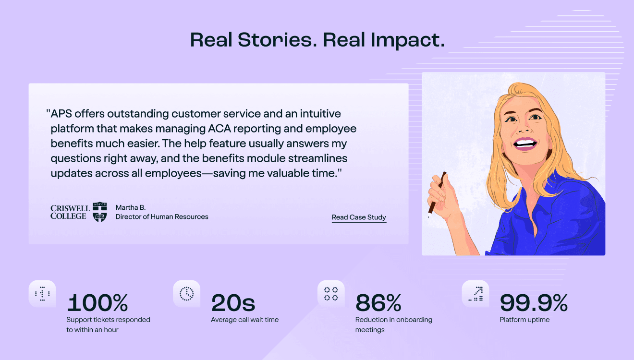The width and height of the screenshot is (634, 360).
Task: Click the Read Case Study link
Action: [x=359, y=217]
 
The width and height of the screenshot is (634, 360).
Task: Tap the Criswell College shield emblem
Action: [x=100, y=212]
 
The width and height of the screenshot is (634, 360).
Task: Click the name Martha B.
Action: [x=131, y=207]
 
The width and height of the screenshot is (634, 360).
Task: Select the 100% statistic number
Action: [x=98, y=302]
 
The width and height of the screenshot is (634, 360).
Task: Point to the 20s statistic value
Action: [x=233, y=302]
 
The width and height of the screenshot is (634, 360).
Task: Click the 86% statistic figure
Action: [x=378, y=302]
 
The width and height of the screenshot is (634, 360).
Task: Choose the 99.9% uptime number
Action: [x=534, y=302]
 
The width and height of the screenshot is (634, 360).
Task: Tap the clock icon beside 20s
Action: [x=186, y=294]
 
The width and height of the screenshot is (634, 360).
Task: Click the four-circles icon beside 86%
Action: [x=331, y=294]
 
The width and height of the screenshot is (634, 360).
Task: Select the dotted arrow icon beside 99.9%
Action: [x=475, y=294]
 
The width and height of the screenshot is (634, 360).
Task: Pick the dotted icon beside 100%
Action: [x=42, y=294]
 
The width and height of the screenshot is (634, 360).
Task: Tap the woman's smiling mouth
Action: [x=525, y=144]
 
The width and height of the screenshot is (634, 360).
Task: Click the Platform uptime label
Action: [x=524, y=320]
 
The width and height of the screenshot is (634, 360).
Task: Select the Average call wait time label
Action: [x=244, y=320]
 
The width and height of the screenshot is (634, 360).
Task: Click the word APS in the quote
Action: [x=61, y=114]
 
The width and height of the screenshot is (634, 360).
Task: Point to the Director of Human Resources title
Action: [x=162, y=216]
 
